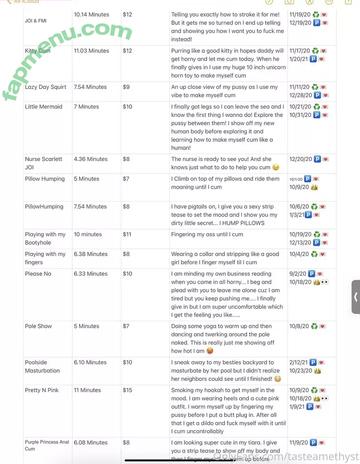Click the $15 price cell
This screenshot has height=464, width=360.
(x=128, y=390)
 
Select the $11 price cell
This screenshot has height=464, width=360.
(x=127, y=234)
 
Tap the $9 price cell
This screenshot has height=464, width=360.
(x=126, y=87)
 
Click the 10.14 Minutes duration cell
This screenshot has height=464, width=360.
(x=92, y=15)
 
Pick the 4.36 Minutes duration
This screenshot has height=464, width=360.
(x=91, y=159)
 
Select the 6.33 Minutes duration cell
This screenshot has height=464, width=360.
(x=91, y=274)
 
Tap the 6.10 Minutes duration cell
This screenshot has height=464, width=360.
(x=91, y=363)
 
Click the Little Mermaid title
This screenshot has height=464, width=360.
(x=44, y=107)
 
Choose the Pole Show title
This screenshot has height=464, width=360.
(x=38, y=326)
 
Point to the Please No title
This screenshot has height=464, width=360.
(x=38, y=274)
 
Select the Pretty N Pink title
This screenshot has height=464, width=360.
(x=42, y=390)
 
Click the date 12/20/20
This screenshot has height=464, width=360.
(x=300, y=159)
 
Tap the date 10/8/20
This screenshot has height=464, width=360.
(x=299, y=326)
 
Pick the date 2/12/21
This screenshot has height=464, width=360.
(x=299, y=363)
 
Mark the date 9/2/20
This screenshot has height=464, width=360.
(x=298, y=274)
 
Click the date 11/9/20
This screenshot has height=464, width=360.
(x=299, y=443)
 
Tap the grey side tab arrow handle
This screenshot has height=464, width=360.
(x=356, y=297)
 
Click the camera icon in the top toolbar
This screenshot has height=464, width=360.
(x=289, y=2)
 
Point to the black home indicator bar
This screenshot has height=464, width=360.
(x=180, y=460)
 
